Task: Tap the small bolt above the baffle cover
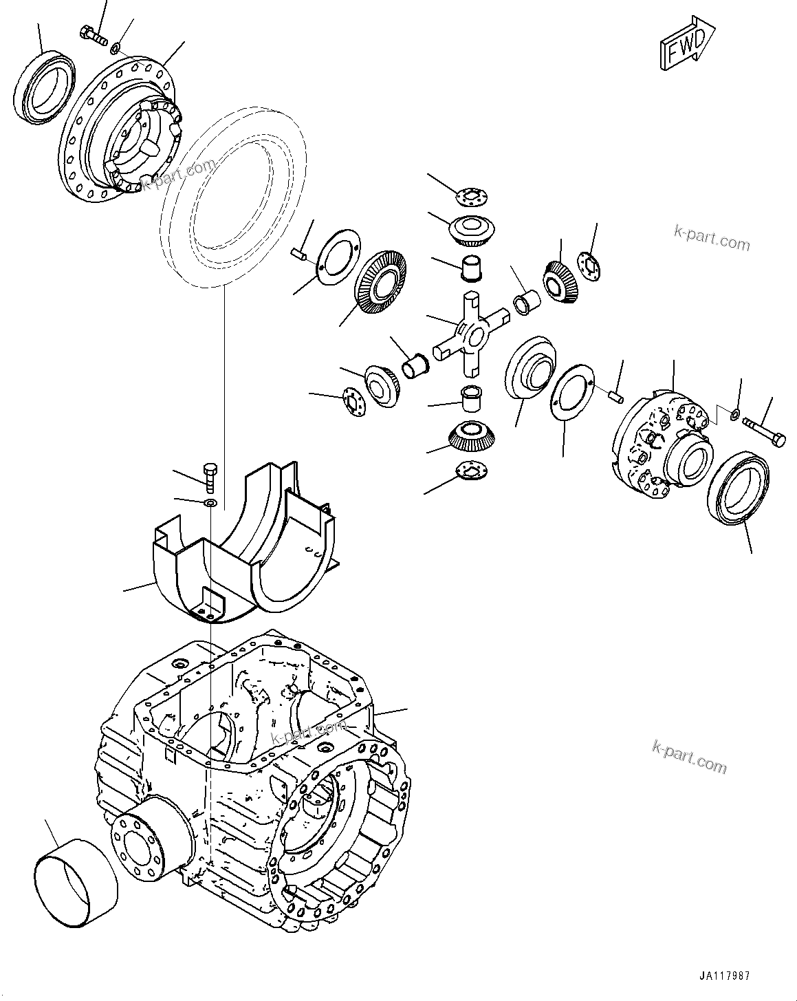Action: [x=210, y=476]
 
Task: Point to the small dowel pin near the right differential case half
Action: [x=617, y=395]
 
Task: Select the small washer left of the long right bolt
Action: [x=734, y=415]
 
